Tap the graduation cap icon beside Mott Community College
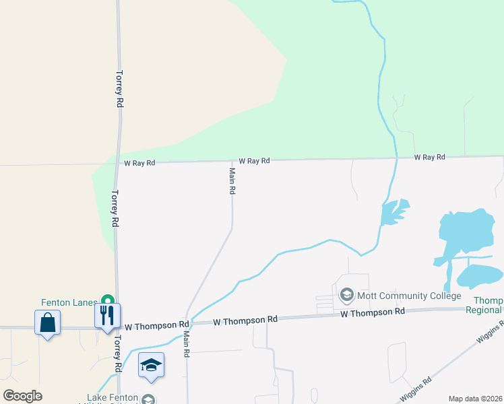pos(347,295)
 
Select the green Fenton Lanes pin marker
pos(106,300)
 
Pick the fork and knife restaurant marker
pos(107,316)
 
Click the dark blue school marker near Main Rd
pos(152,365)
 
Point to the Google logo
pos(22,395)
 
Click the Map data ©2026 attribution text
pos(475,399)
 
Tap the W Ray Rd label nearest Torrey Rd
pos(139,163)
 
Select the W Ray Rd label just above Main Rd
pos(254,161)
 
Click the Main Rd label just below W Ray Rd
pos(232,181)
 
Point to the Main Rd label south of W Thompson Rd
pos(186,343)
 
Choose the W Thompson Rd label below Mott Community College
pos(372,312)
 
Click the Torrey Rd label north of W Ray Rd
pos(119,89)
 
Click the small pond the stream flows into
pos(393,211)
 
